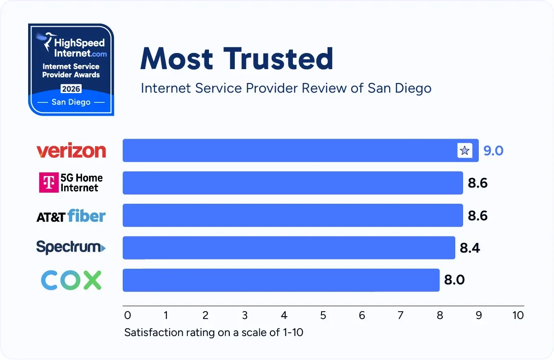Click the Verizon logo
(x=71, y=151)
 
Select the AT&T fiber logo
(x=71, y=216)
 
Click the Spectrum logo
(x=71, y=248)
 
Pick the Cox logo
(x=71, y=280)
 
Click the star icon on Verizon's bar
(x=465, y=151)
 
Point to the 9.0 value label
(x=493, y=151)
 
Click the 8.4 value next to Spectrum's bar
(x=470, y=248)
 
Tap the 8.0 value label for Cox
(x=454, y=280)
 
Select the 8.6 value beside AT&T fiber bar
(x=477, y=216)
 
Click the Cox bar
(x=280, y=280)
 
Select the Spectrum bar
(x=288, y=248)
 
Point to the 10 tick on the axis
(x=518, y=315)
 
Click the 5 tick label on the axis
(x=323, y=315)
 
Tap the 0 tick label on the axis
(x=128, y=315)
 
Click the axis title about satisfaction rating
(x=214, y=332)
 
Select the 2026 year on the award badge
(x=71, y=89)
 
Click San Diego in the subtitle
(x=399, y=88)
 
